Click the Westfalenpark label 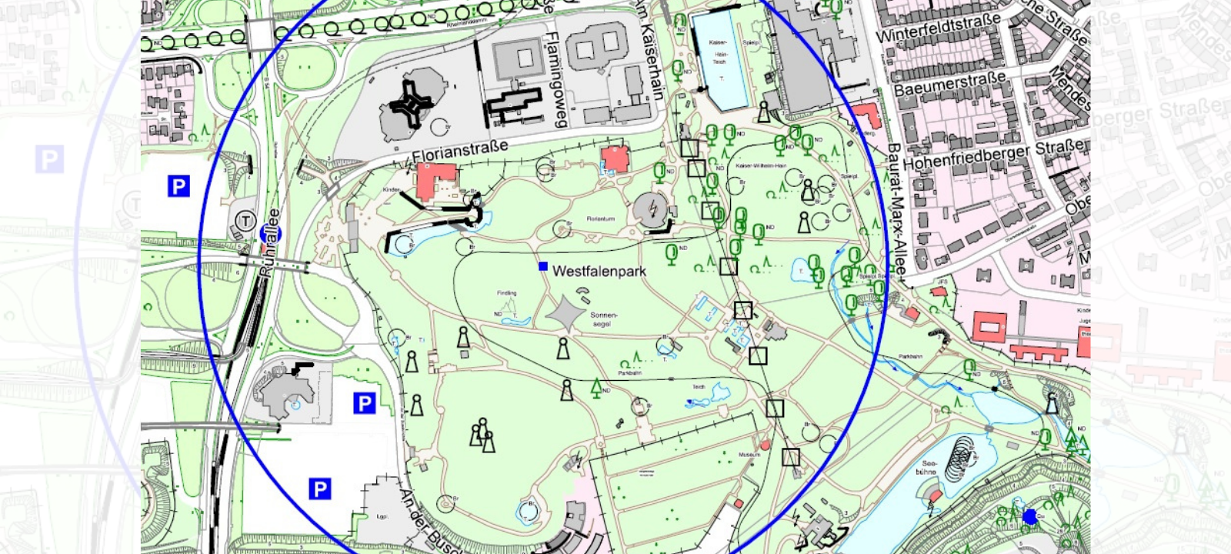(599, 272)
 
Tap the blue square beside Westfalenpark (543, 266)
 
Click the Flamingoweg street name (555, 79)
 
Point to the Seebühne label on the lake (926, 467)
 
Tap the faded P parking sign (49, 160)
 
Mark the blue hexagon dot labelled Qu (1030, 517)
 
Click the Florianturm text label (600, 219)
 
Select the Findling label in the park (506, 293)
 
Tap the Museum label (749, 455)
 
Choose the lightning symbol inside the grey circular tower (652, 208)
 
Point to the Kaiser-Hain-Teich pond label (719, 52)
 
